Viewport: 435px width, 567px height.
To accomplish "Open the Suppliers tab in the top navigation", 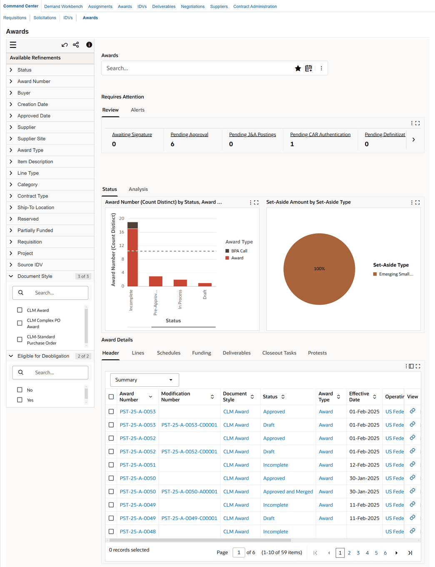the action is tap(219, 7).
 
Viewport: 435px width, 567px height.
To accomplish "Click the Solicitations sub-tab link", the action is tap(45, 18).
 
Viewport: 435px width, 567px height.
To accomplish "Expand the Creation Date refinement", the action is tap(11, 104).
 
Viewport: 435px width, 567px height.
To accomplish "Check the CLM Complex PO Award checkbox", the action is tap(20, 323).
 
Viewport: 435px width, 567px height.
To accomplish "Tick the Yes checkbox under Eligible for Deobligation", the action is tap(20, 400).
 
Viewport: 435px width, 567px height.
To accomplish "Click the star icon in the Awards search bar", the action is tap(297, 68).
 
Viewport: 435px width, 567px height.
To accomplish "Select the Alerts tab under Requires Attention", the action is tap(137, 110).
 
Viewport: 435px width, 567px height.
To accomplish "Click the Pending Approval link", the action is tap(189, 134).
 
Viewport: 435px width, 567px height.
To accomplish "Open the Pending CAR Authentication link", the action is tap(320, 134).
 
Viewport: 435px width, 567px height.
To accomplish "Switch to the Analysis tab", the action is tap(138, 189).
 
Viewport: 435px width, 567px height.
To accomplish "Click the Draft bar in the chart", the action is tap(205, 285).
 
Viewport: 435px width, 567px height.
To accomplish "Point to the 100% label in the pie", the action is tap(319, 269).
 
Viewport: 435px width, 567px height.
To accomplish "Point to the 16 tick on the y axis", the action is tap(121, 232).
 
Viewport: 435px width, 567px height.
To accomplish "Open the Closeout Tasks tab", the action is tap(279, 353).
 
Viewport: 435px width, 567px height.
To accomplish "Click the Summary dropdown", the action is tap(145, 380).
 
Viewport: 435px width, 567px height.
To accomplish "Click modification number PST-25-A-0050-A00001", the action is tap(189, 491).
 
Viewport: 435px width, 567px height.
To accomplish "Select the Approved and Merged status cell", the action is tap(288, 491).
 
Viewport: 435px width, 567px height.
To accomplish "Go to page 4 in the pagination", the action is tap(367, 553).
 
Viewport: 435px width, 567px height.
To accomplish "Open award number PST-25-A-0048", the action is tap(137, 532).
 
